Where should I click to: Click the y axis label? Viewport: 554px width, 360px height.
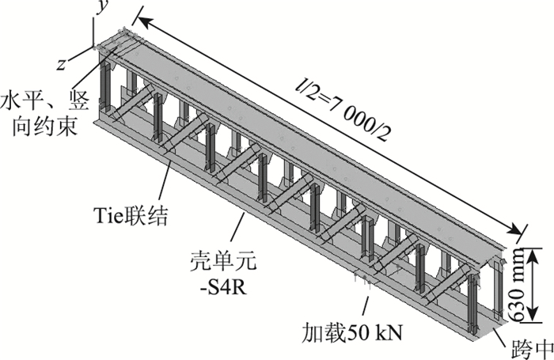click(x=101, y=8)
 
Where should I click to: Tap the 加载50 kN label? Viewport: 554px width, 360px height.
click(x=355, y=331)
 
